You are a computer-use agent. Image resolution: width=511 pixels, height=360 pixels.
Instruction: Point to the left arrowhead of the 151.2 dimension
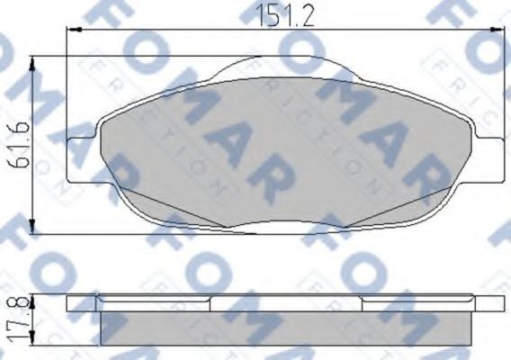pyautogui.click(x=72, y=30)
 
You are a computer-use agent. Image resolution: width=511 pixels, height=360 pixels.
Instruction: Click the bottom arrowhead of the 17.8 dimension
pyautogui.click(x=34, y=342)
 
